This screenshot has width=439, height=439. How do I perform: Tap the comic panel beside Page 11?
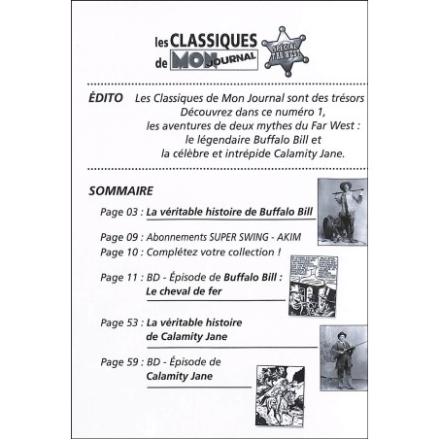tap(321, 282)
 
